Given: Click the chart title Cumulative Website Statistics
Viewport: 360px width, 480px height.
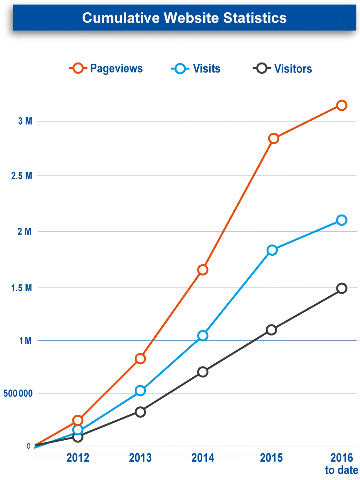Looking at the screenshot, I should click(x=184, y=18).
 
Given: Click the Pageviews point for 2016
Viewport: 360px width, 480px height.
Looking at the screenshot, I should click(x=341, y=105).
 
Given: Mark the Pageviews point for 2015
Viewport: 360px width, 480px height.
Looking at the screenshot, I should click(x=274, y=139).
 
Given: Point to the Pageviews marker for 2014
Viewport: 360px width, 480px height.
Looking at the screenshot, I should click(x=203, y=270).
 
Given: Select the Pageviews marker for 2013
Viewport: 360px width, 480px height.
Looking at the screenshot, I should click(x=140, y=358).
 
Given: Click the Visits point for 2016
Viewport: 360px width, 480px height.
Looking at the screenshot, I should click(x=341, y=220).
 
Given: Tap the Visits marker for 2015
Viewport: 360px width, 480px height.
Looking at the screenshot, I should click(x=272, y=250).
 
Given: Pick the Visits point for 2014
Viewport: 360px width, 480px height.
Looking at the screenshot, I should click(x=203, y=336).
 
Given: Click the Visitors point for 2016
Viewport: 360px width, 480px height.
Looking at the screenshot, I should click(x=341, y=288).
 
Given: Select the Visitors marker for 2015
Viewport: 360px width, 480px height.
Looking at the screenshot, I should click(x=271, y=330).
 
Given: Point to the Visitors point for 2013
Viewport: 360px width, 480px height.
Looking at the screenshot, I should click(x=140, y=412).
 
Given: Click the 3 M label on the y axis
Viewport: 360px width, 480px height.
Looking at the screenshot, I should click(x=25, y=122).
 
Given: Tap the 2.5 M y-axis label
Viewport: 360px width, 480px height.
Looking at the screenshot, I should click(x=22, y=176).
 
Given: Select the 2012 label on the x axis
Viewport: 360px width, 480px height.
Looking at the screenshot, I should click(x=78, y=458).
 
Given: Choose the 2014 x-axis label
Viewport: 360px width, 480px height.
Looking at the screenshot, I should click(x=203, y=458).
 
